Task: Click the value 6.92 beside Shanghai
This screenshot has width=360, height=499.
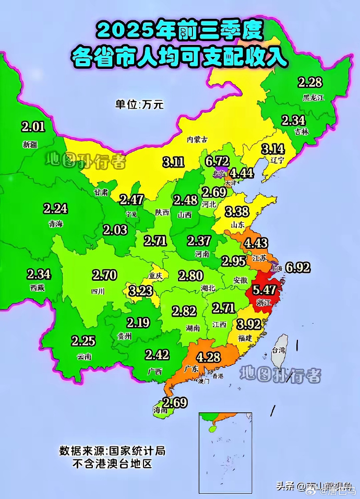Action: point(298,268)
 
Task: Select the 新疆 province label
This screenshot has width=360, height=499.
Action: point(30,144)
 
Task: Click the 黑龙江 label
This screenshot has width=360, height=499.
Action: point(314,97)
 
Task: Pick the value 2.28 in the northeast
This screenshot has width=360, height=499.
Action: point(310,82)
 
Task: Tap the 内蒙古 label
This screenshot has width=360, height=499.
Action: point(197,139)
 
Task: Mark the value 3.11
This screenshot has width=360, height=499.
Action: point(173,162)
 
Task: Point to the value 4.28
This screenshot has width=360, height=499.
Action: point(208,358)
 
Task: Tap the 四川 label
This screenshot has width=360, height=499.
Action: point(98,291)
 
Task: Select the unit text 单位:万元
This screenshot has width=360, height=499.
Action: point(139,104)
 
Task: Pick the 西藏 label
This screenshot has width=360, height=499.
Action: point(38,287)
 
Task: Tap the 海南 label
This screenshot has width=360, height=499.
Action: point(161,410)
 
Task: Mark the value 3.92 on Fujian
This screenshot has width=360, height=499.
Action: point(248,325)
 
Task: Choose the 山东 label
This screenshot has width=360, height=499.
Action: point(238,224)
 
